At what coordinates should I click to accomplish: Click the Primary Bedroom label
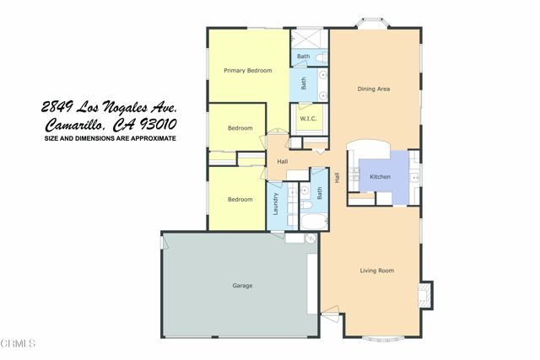click(247, 71)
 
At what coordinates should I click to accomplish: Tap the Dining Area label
click(373, 89)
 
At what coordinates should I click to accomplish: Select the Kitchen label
click(381, 175)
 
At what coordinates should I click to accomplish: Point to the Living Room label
click(377, 271)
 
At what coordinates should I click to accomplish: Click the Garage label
click(242, 286)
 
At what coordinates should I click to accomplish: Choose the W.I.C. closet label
click(307, 119)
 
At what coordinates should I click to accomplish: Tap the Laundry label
click(275, 204)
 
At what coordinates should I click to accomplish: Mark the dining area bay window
click(372, 24)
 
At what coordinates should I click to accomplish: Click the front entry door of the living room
click(329, 318)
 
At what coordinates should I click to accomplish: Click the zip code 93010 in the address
click(159, 124)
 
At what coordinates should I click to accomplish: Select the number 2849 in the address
click(57, 108)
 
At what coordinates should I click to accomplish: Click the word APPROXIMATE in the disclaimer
click(152, 138)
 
